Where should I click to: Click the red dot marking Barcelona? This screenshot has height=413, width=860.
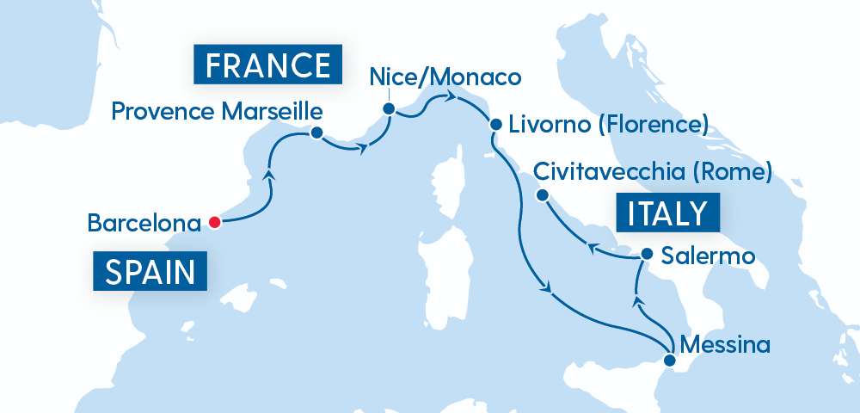coord(214,223)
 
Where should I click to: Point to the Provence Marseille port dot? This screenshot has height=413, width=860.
coord(316,133)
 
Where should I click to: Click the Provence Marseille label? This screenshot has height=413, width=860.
coord(218,111)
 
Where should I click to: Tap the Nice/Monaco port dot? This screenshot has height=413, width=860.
coord(389,109)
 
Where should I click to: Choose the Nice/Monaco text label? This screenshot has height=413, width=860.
coord(445,77)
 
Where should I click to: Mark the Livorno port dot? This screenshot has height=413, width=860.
coord(495,124)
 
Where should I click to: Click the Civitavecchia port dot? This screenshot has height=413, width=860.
coord(542,195)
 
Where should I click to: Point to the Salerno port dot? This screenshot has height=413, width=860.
coord(647,255)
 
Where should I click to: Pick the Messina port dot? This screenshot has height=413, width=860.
coord(670,361)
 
